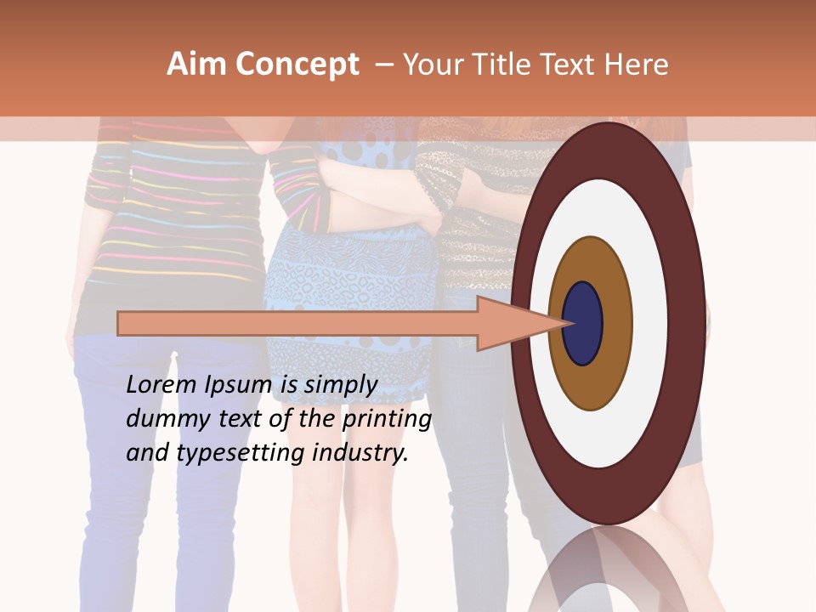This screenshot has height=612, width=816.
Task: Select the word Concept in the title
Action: coord(297,65)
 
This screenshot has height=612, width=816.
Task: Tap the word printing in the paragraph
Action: coord(386,420)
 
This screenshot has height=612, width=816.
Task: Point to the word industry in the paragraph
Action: coord(360,453)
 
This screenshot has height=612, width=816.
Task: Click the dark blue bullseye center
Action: coord(582,324)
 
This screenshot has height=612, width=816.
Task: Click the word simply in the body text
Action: coord(341,386)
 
